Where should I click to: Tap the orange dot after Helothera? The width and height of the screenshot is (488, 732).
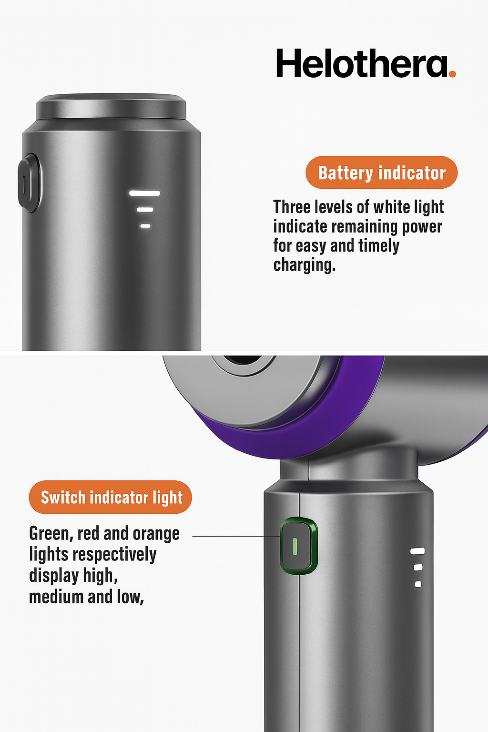point(452,73)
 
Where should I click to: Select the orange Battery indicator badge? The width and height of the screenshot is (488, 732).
point(381,173)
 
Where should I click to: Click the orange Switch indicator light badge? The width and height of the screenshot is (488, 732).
point(111,498)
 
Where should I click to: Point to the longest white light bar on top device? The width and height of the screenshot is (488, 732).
point(144,193)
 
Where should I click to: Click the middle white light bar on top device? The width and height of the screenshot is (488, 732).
point(145,210)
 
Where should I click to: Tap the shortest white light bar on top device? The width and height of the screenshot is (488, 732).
point(145,226)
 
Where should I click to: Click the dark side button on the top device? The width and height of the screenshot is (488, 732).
point(28,183)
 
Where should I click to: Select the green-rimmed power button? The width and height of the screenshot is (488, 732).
point(298,546)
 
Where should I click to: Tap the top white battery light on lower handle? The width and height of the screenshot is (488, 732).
point(417,551)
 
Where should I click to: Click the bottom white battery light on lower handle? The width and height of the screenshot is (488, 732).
point(418,584)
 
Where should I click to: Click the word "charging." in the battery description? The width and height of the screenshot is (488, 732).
point(304,265)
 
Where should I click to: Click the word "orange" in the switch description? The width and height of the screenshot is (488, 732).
point(156,534)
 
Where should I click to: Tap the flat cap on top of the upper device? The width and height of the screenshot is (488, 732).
point(111,106)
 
